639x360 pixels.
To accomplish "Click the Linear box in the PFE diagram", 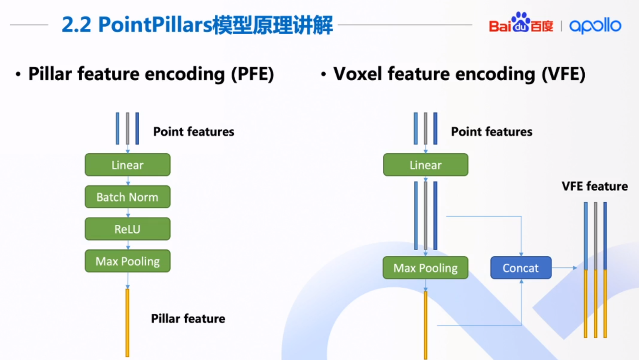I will point(127,165).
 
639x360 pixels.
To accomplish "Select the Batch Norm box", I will point(127,197).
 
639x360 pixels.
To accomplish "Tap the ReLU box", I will point(127,229).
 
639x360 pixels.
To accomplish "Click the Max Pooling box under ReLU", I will point(127,261).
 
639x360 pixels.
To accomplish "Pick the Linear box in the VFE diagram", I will point(425,165).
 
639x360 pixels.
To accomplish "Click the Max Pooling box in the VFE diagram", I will point(425,268).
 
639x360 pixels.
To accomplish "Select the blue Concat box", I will point(521,268).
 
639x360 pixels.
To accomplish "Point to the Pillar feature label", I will point(188,318).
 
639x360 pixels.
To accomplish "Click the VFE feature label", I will point(594,186).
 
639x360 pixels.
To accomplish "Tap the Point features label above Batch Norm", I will point(194,132).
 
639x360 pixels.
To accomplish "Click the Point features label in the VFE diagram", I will point(491,132).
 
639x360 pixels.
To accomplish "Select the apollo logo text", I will point(595,26).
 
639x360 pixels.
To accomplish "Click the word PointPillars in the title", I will point(155,25).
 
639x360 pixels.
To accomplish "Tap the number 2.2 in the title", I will point(77,25).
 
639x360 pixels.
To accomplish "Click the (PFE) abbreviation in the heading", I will point(253,74).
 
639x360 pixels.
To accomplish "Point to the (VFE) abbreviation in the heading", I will point(563,74).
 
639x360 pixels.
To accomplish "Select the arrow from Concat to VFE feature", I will point(564,268).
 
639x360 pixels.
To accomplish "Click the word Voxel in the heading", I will point(358,74).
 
